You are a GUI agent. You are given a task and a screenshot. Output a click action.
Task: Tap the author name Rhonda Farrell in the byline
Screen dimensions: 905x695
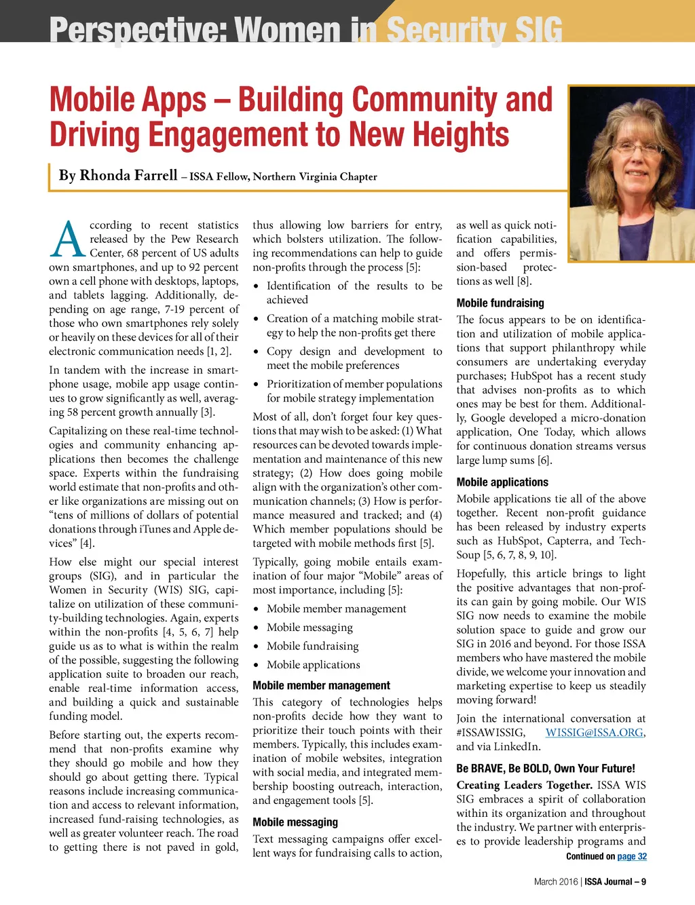coord(128,176)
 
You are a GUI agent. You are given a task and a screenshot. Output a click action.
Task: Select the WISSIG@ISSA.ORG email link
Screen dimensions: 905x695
coord(594,733)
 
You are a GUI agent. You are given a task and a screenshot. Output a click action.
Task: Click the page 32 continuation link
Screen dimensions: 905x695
coord(632,856)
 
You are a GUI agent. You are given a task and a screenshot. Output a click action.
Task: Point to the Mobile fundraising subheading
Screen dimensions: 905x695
coord(500,303)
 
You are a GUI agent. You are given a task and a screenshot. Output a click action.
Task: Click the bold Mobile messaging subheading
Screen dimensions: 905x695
coord(295,822)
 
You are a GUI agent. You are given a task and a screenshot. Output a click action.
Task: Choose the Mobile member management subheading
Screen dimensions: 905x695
coord(321,686)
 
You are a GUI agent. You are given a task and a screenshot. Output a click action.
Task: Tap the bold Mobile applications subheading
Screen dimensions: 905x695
coord(502,482)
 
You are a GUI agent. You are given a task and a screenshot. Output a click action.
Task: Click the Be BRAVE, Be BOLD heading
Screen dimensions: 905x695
coord(546,769)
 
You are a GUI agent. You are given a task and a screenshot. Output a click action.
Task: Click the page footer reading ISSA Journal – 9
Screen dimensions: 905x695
coord(616,882)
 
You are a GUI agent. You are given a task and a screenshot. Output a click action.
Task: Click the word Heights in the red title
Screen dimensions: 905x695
coord(462,134)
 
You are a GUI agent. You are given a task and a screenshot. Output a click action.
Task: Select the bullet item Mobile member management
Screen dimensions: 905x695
coord(336,609)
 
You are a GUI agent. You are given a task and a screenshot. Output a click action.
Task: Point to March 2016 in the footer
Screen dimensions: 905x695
coord(554,882)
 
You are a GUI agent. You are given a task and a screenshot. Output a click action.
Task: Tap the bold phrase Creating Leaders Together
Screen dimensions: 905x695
coord(524,786)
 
